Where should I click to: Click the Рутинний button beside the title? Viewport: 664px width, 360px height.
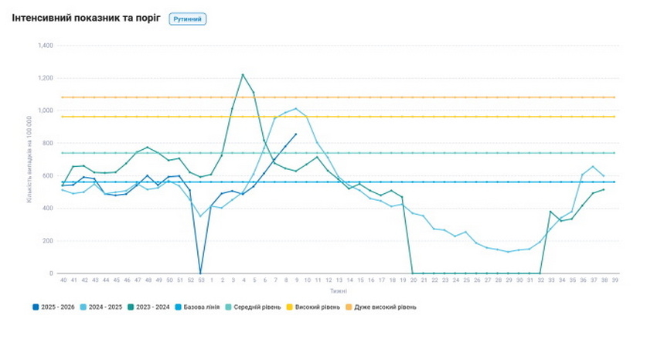tap(188, 19)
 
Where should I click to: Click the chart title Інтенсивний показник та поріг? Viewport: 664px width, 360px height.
tap(86, 18)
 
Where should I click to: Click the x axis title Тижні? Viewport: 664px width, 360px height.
tap(338, 291)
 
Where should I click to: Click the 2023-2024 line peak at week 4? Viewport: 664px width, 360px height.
tap(243, 75)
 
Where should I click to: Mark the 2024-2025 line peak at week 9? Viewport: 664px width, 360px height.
tap(296, 109)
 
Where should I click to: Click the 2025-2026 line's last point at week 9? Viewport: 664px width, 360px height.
tap(296, 134)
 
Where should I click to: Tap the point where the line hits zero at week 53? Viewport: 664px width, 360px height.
tap(200, 273)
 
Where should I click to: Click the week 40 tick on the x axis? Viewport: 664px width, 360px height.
tap(62, 280)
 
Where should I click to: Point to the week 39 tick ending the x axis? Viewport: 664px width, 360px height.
tap(615, 280)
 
